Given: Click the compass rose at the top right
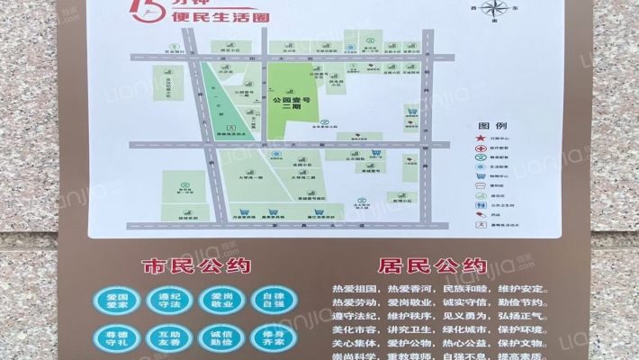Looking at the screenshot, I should (x=494, y=10).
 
